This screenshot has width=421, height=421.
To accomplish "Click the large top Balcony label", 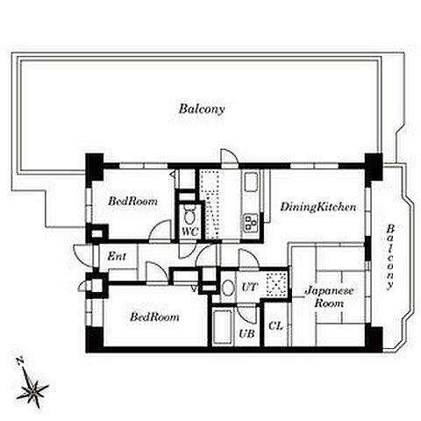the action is click(x=202, y=109).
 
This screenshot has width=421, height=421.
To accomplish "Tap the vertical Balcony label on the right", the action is click(x=389, y=257).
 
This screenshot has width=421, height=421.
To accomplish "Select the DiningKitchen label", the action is click(x=318, y=207).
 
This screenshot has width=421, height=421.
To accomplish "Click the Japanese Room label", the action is click(x=329, y=296).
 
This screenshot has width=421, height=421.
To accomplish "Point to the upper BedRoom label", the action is click(x=132, y=201).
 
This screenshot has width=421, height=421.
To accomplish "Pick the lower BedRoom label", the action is click(x=154, y=317).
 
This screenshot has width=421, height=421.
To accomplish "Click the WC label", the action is click(x=189, y=232).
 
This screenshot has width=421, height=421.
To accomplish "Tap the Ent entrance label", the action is click(x=117, y=256).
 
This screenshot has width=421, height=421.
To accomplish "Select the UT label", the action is click(x=249, y=287).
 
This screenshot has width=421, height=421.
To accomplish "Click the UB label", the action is click(x=247, y=333).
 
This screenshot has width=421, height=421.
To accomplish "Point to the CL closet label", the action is click(x=275, y=326).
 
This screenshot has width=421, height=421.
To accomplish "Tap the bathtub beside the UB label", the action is click(x=222, y=327).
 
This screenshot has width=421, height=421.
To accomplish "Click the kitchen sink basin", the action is click(x=251, y=182).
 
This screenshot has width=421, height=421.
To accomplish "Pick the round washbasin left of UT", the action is click(x=228, y=288).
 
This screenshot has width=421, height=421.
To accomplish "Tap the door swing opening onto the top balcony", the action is click(x=230, y=158).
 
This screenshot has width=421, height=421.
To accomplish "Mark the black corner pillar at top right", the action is click(x=374, y=167).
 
